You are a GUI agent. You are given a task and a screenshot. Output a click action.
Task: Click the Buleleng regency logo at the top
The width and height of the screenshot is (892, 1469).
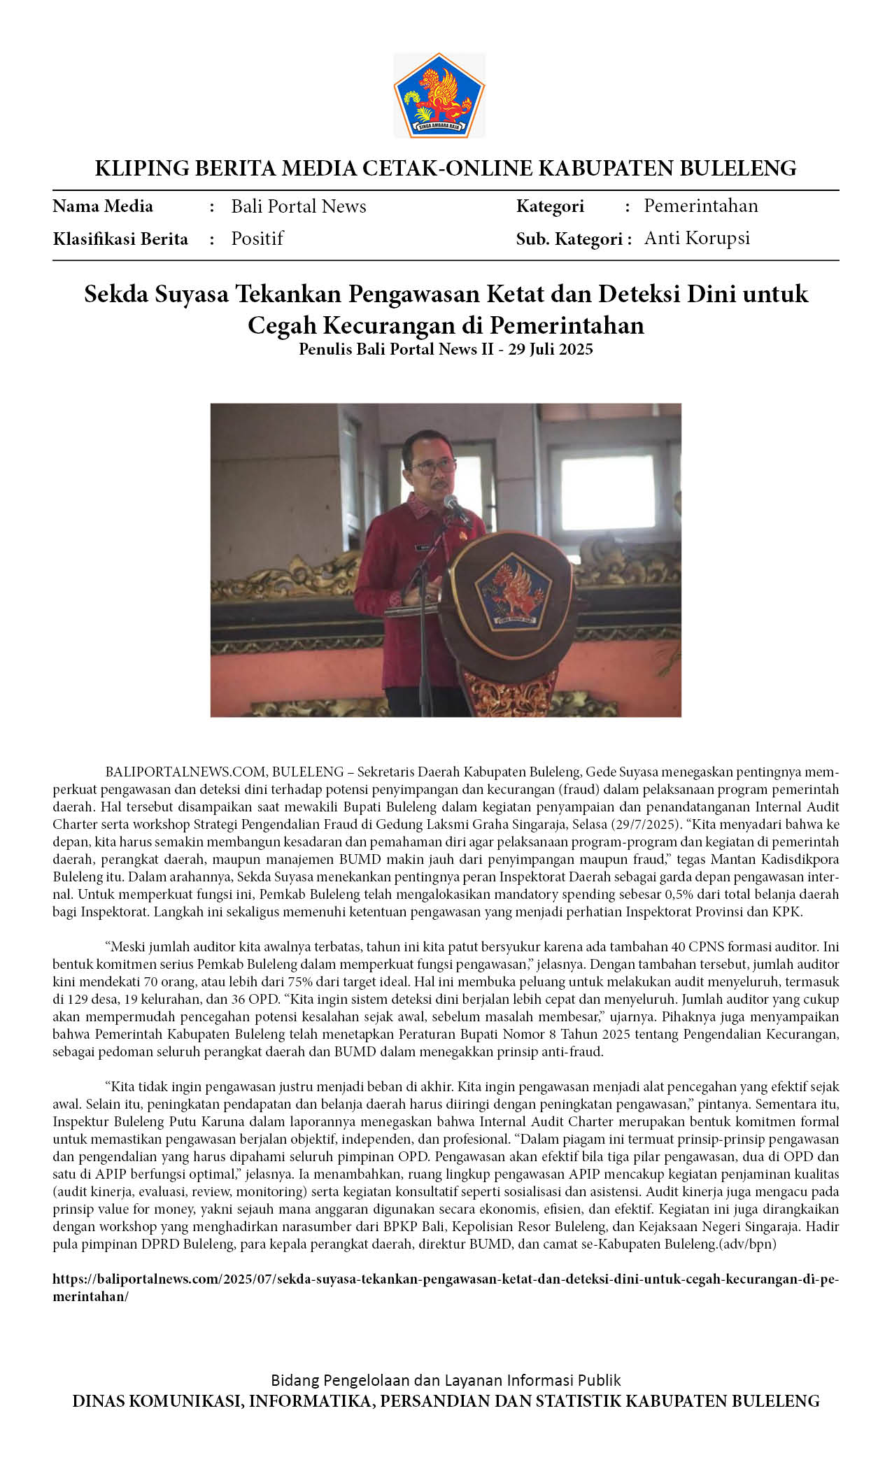(x=439, y=95)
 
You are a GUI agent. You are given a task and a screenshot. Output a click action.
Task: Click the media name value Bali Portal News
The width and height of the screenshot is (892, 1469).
(x=299, y=206)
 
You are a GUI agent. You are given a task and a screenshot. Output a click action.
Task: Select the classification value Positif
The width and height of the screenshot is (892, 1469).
(x=257, y=239)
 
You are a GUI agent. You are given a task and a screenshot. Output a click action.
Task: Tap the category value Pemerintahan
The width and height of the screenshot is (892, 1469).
(x=701, y=206)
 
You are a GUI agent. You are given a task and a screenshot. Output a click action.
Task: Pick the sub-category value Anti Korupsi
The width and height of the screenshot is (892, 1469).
(x=697, y=238)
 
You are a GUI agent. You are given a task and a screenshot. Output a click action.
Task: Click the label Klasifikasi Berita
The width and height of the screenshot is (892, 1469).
(x=120, y=239)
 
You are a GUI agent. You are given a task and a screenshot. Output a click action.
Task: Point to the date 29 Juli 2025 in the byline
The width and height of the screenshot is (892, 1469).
(x=551, y=349)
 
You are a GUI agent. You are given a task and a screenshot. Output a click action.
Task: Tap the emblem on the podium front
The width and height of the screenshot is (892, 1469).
(x=513, y=590)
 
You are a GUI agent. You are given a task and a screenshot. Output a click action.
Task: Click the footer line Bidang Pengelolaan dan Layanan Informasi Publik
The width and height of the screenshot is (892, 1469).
(x=446, y=1380)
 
